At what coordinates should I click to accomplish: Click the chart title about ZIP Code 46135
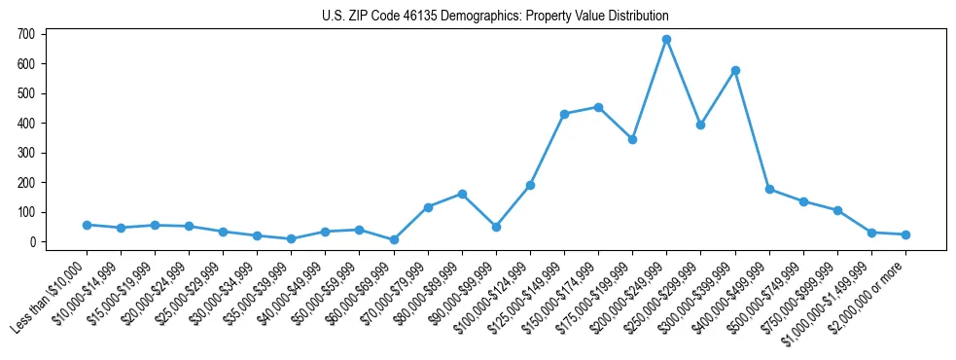click(495, 17)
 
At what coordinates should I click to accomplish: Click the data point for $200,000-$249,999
click(666, 40)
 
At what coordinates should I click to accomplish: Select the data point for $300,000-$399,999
click(735, 70)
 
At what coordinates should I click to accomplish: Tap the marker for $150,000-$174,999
click(598, 107)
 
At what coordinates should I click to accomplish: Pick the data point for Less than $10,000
click(87, 225)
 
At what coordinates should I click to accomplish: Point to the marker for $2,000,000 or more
click(905, 234)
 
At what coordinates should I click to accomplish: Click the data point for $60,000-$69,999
click(394, 239)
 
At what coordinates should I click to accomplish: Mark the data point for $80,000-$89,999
click(462, 194)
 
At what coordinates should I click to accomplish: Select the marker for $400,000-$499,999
click(769, 190)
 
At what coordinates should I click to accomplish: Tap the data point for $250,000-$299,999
click(700, 125)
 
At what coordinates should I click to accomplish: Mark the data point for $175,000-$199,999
click(632, 139)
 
